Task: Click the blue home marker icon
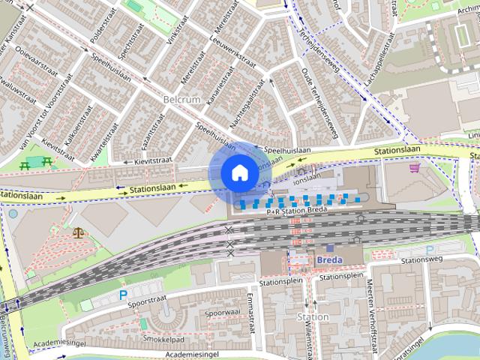pyautogui.click(x=239, y=172)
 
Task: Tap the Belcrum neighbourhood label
pyautogui.click(x=182, y=100)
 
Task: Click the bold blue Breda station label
pyautogui.click(x=329, y=259)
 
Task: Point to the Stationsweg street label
pyautogui.click(x=424, y=260)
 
